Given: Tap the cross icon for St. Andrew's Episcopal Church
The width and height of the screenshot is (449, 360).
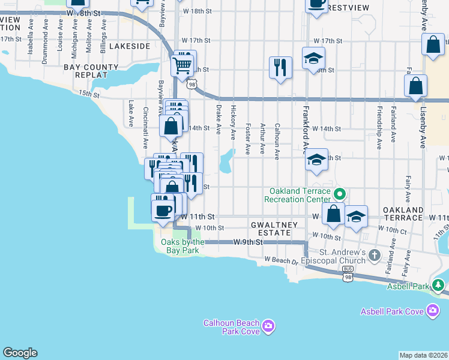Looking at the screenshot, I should [374, 256].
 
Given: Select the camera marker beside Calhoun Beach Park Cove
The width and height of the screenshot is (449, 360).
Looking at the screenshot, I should [268, 326].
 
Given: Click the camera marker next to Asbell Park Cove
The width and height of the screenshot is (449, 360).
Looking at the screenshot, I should [432, 311].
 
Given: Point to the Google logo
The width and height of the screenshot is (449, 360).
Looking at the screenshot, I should [20, 353].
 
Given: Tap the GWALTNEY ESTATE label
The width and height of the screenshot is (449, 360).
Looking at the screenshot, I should [274, 228].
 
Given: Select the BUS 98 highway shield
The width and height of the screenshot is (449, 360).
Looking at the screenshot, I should [348, 277].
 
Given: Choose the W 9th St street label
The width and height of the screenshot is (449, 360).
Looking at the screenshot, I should [248, 242].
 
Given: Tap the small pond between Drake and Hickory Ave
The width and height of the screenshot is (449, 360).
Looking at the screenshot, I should [226, 161].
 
